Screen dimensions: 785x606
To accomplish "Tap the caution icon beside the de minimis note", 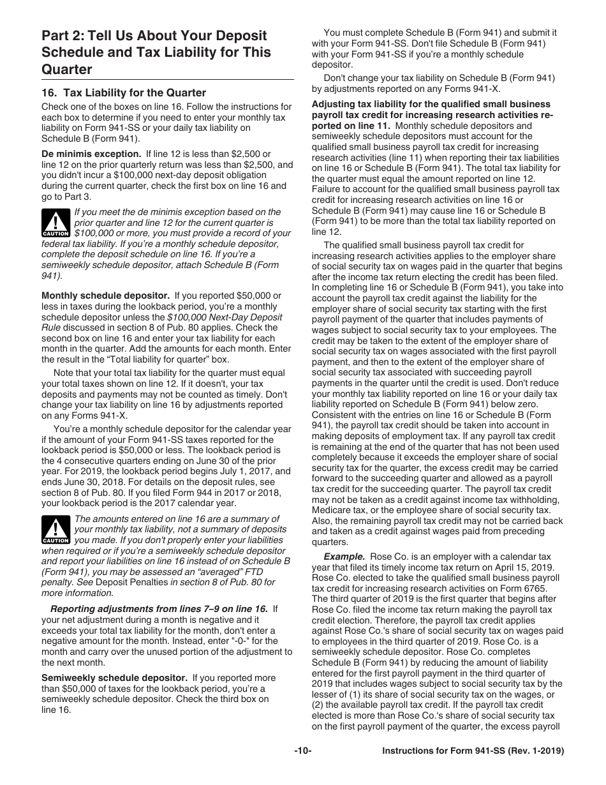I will [x=55, y=223].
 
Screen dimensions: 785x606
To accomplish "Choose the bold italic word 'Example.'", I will [x=344, y=557].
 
